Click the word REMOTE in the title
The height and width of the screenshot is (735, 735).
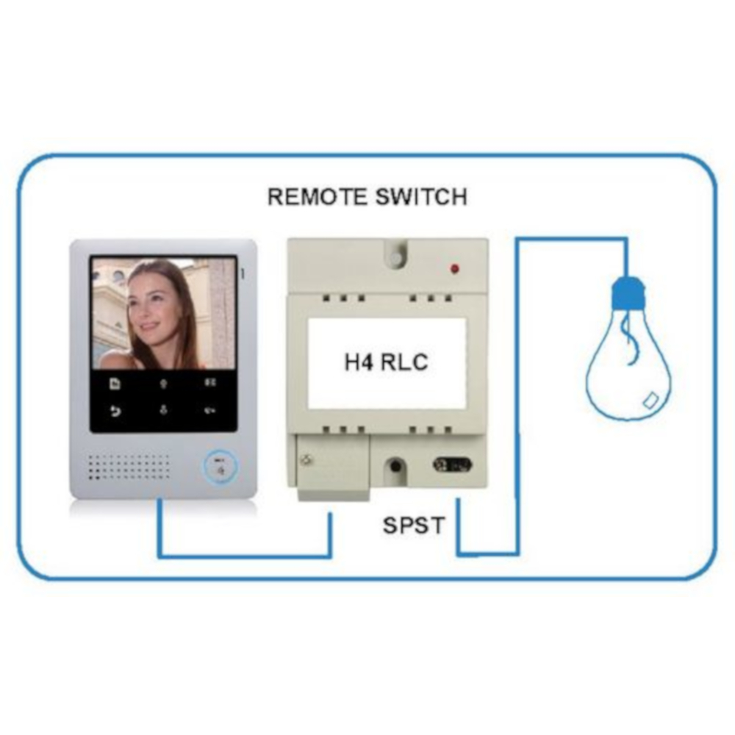point(317,197)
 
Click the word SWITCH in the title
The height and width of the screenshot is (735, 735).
point(421,197)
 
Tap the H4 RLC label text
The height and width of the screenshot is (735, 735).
point(387,362)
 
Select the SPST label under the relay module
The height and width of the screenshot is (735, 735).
point(413,526)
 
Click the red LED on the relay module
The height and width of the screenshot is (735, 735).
point(454,269)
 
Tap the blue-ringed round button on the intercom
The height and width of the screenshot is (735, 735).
point(220,467)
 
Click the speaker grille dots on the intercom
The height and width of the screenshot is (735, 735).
point(129,467)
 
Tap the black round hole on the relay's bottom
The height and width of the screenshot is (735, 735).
point(396,466)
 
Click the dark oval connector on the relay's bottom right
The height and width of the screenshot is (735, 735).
point(452,465)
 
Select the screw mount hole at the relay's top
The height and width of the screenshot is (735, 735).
point(397,258)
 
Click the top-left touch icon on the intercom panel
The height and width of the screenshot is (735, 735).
point(115,384)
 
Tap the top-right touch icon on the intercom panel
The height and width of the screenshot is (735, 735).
point(210,383)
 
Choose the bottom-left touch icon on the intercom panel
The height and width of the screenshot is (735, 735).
point(115,411)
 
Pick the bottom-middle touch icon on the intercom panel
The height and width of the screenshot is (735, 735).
point(163,409)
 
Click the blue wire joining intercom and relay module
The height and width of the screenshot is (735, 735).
point(245,556)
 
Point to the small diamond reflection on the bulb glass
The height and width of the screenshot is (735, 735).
point(650,401)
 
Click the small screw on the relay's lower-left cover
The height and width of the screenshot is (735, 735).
point(307,460)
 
